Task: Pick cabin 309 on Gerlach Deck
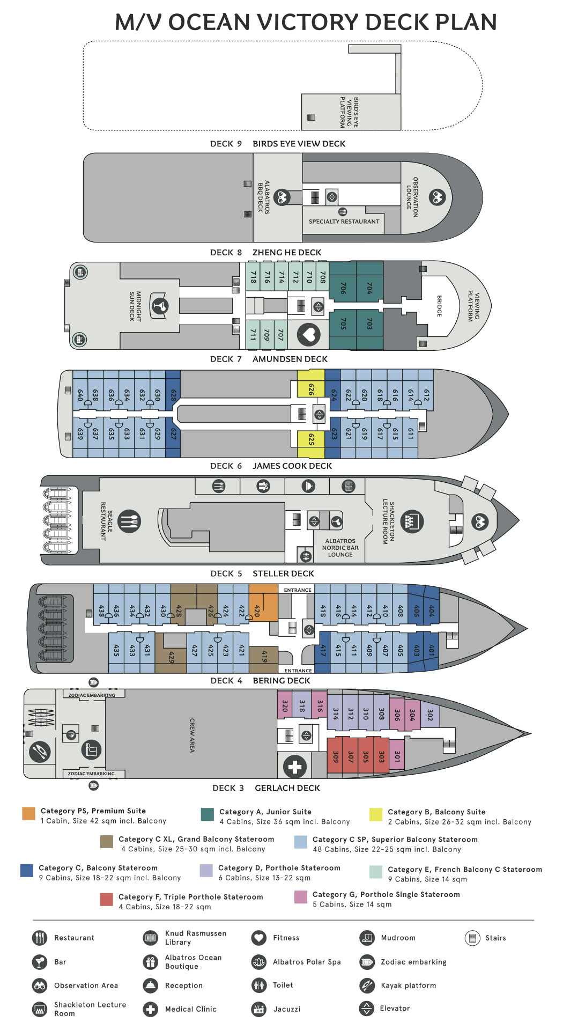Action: [x=335, y=755]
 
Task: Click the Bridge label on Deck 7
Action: [x=439, y=306]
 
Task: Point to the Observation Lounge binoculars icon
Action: [x=437, y=197]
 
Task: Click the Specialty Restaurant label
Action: [x=344, y=222]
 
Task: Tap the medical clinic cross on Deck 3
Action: [x=295, y=766]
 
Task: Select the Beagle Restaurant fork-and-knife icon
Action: [x=129, y=520]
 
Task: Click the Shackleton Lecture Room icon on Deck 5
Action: [x=412, y=521]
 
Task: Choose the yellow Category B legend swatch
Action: [x=376, y=814]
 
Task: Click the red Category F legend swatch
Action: [x=106, y=899]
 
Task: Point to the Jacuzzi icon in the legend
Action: [x=259, y=1009]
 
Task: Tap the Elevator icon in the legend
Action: [x=366, y=1009]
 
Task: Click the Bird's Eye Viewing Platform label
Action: [x=349, y=112]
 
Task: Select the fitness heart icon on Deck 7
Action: [x=308, y=335]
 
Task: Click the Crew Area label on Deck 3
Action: [x=192, y=735]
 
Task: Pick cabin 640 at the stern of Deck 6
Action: [x=80, y=395]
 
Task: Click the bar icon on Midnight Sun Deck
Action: [x=159, y=306]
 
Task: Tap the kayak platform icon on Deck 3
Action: [x=39, y=752]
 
